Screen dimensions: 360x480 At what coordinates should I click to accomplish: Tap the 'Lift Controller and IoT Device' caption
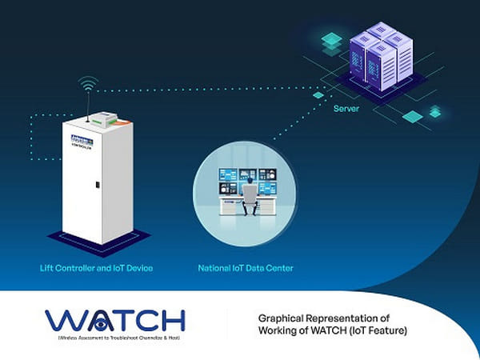tap(97, 267)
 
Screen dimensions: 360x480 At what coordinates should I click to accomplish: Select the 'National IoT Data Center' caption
tap(246, 267)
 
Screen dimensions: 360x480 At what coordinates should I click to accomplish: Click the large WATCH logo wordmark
tap(116, 320)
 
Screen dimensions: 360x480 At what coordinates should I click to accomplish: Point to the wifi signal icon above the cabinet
tap(89, 82)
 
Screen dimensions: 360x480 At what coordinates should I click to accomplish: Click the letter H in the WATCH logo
tap(171, 320)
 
